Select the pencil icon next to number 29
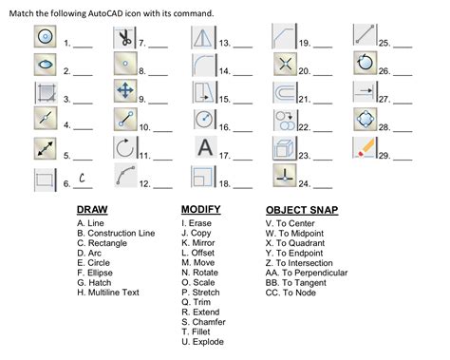(x=365, y=148)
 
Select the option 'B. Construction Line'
(x=116, y=234)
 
